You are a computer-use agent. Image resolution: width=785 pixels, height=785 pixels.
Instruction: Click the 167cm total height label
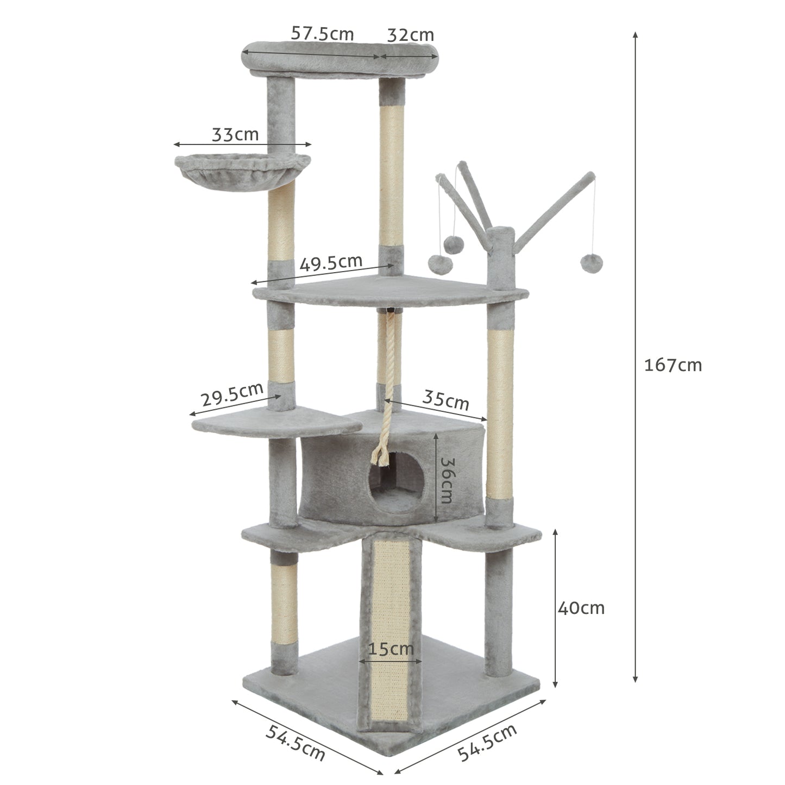673,365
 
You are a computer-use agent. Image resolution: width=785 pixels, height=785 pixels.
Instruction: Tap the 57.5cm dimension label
322,34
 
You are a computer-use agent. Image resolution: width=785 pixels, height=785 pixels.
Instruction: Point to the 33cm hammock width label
235,134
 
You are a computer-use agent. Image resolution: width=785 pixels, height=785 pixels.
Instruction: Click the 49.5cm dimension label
331,263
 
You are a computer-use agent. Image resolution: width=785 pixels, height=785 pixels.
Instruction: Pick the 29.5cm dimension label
232,395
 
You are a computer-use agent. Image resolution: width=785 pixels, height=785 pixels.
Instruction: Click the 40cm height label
581,607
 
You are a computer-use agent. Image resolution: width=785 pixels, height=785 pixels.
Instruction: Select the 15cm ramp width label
391,649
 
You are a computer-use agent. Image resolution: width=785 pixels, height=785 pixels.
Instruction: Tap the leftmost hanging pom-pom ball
439,263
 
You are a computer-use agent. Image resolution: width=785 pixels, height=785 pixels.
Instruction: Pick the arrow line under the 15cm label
391,662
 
